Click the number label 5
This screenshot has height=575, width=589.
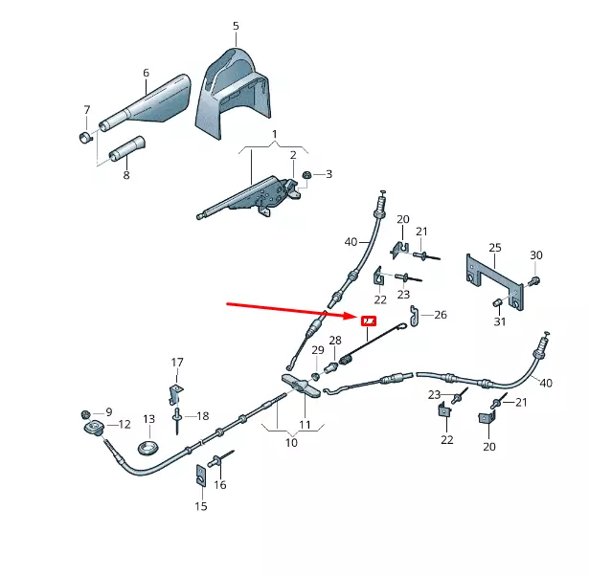click(x=236, y=26)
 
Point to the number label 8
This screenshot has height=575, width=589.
click(x=125, y=175)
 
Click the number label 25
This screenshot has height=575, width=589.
click(x=494, y=249)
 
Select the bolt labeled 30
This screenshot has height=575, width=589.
click(x=532, y=280)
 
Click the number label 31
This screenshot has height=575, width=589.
click(x=499, y=321)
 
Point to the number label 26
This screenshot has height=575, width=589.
click(x=441, y=314)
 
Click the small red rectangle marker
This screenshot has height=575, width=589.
click(x=368, y=321)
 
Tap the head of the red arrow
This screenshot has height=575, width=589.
click(x=352, y=314)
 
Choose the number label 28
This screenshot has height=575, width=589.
click(x=335, y=340)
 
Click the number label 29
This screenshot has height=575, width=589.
click(x=318, y=350)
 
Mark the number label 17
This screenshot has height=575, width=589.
click(x=177, y=363)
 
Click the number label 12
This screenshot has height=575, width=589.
click(x=125, y=424)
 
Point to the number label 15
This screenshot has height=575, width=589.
click(x=201, y=506)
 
